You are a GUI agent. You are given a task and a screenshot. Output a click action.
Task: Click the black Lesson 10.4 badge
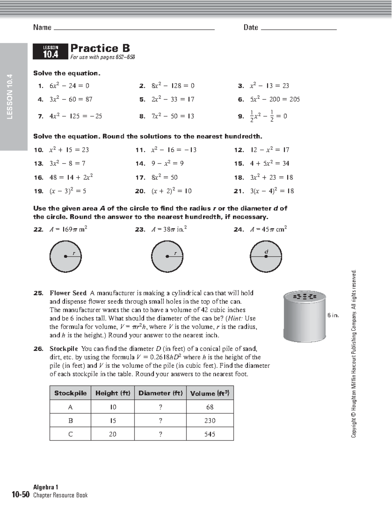click(x=51, y=52)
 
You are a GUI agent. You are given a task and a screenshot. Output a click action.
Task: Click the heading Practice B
click(x=100, y=48)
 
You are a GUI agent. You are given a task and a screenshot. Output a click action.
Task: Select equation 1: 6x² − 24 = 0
click(x=69, y=86)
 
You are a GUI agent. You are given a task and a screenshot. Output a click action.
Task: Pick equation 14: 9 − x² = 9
click(x=167, y=163)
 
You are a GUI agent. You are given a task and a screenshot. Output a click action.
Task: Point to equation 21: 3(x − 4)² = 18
click(x=272, y=191)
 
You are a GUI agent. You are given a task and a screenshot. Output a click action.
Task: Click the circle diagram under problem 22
click(x=66, y=256)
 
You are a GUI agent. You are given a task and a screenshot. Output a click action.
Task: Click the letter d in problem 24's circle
click(x=266, y=252)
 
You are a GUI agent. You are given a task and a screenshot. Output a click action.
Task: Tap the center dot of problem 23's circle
click(x=167, y=256)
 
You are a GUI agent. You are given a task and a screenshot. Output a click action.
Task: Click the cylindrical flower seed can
click(x=304, y=316)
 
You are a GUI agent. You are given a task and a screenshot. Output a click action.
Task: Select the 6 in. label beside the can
click(x=333, y=315)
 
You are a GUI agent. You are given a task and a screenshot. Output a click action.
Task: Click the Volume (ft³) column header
click(x=210, y=393)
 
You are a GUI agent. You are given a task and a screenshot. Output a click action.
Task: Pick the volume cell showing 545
click(x=210, y=434)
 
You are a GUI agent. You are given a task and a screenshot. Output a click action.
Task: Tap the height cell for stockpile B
click(x=113, y=420)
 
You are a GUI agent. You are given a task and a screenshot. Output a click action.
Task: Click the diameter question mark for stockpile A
click(x=160, y=407)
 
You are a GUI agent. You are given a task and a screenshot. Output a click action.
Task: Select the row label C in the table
click(x=70, y=434)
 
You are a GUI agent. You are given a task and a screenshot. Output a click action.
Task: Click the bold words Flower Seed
click(x=68, y=293)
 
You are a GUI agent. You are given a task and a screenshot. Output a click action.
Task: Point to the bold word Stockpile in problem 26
click(x=64, y=349)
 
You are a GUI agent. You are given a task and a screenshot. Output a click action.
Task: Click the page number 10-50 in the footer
click(x=21, y=495)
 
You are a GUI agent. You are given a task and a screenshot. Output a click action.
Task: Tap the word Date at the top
click(x=251, y=27)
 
